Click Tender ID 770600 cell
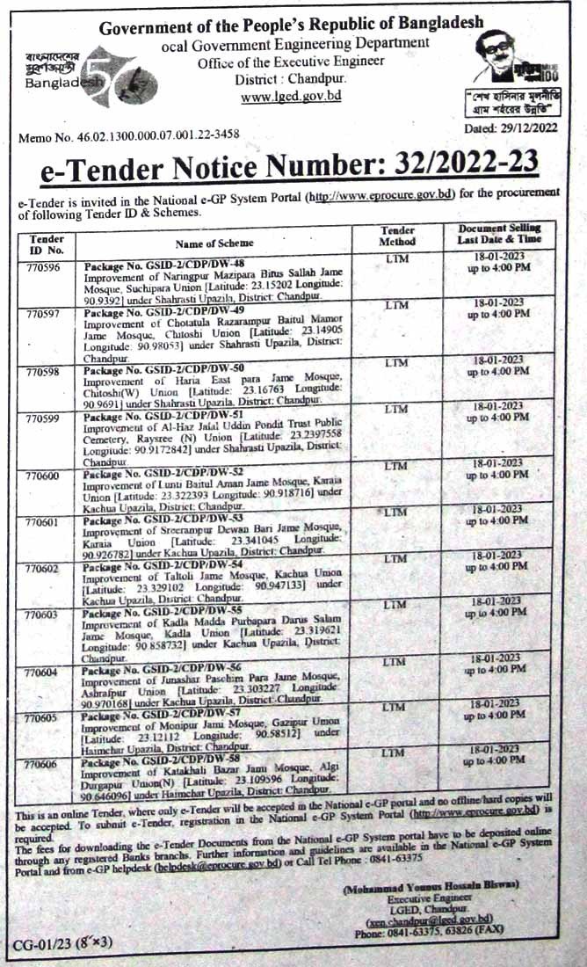coord(43,475)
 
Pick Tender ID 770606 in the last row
coord(43,766)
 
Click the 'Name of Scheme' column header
coord(214,243)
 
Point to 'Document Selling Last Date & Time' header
coord(499,234)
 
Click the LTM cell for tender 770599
coord(396,409)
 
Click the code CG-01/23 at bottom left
coord(40,945)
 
